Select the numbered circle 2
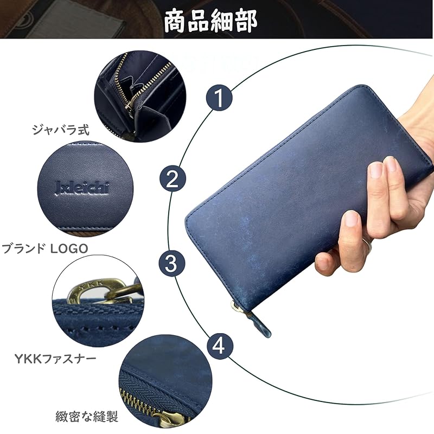click(x=172, y=179)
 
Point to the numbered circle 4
click(x=219, y=346)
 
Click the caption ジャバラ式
click(x=60, y=130)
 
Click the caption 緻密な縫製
click(x=87, y=417)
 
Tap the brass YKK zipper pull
click(x=81, y=292)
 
